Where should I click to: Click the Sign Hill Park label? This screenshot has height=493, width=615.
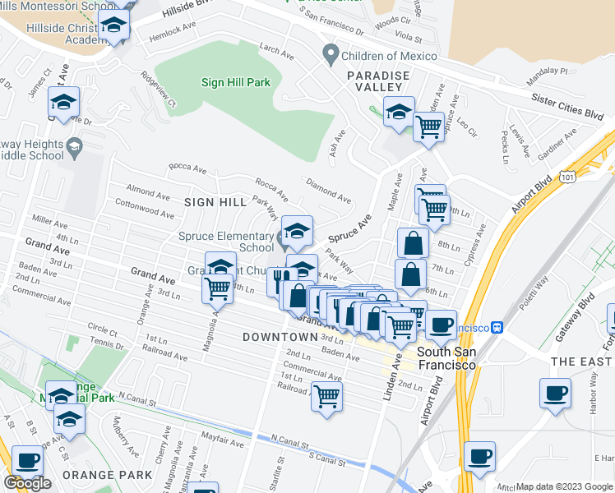pyautogui.click(x=236, y=82)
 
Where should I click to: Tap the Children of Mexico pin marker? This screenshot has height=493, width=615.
pyautogui.click(x=331, y=55)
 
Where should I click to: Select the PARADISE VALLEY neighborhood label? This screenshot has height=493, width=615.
pyautogui.click(x=377, y=76)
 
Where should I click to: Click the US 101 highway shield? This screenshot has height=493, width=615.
pyautogui.click(x=567, y=176)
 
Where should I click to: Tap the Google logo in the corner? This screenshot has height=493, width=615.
pyautogui.click(x=27, y=483)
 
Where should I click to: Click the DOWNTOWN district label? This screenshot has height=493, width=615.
pyautogui.click(x=280, y=337)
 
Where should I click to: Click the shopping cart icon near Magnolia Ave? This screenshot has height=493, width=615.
pyautogui.click(x=218, y=288)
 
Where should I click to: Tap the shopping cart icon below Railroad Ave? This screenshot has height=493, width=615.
pyautogui.click(x=327, y=397)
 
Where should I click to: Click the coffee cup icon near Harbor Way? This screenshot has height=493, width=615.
pyautogui.click(x=556, y=392)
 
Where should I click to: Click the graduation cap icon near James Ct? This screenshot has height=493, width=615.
pyautogui.click(x=63, y=103)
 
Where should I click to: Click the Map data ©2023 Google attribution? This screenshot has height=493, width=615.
pyautogui.click(x=564, y=486)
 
